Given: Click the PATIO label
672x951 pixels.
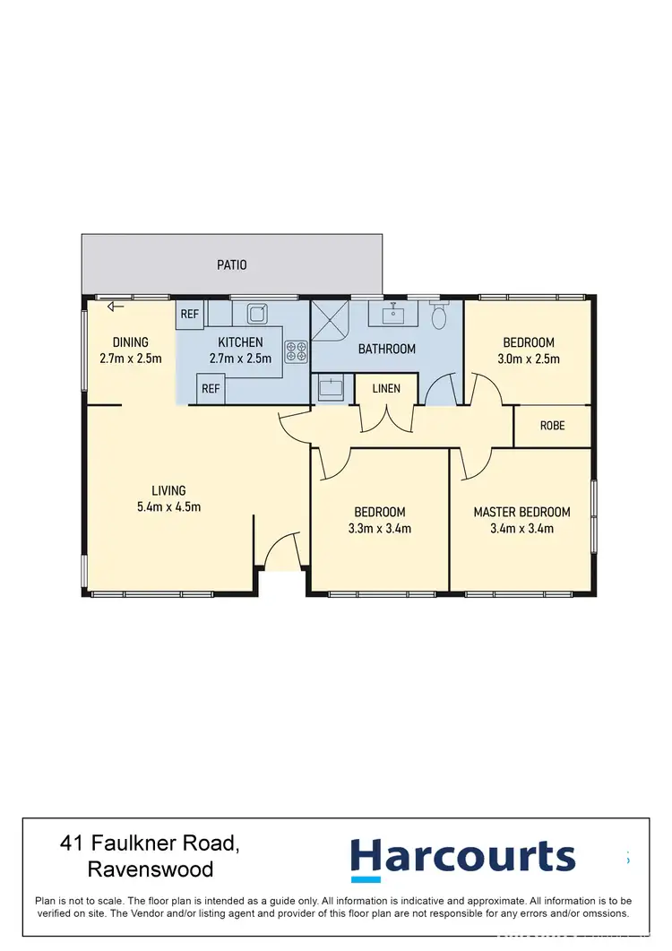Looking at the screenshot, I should click(x=232, y=265).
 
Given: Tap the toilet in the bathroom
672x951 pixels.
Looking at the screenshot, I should click(x=439, y=316).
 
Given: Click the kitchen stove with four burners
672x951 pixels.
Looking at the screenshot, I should click(x=296, y=352).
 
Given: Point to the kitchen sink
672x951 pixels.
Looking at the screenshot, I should click(x=257, y=314).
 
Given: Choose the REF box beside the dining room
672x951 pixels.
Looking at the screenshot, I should click(x=190, y=314).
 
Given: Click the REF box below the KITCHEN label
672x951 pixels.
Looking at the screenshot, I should click(x=210, y=389).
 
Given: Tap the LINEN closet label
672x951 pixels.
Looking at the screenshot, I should click(x=386, y=388).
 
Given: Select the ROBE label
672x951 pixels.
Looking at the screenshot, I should click(x=552, y=426).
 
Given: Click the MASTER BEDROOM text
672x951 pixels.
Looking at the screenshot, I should click(x=521, y=513).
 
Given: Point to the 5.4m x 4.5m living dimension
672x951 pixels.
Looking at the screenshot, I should click(x=168, y=506).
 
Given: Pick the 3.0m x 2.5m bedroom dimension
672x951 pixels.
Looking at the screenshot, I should click(x=529, y=359).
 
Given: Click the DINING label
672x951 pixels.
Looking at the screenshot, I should click(x=131, y=342).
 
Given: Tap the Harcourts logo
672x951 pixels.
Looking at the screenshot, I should click(x=462, y=857).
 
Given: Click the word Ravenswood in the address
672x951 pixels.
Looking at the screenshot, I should click(x=151, y=869).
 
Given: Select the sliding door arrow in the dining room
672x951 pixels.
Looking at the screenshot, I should click(x=115, y=307).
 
